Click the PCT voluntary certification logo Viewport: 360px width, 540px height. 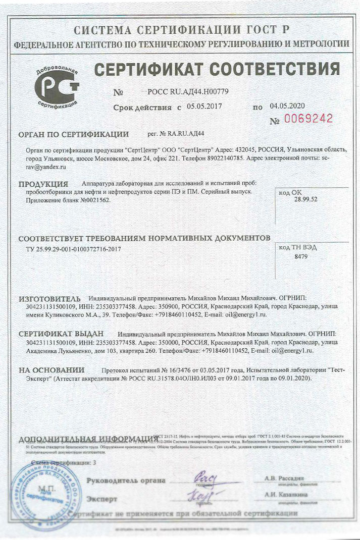(57, 87)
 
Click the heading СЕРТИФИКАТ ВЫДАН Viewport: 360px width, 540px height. (61, 334)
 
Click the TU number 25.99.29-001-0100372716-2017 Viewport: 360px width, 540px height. (73, 249)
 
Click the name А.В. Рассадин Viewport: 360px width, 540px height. (284, 477)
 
